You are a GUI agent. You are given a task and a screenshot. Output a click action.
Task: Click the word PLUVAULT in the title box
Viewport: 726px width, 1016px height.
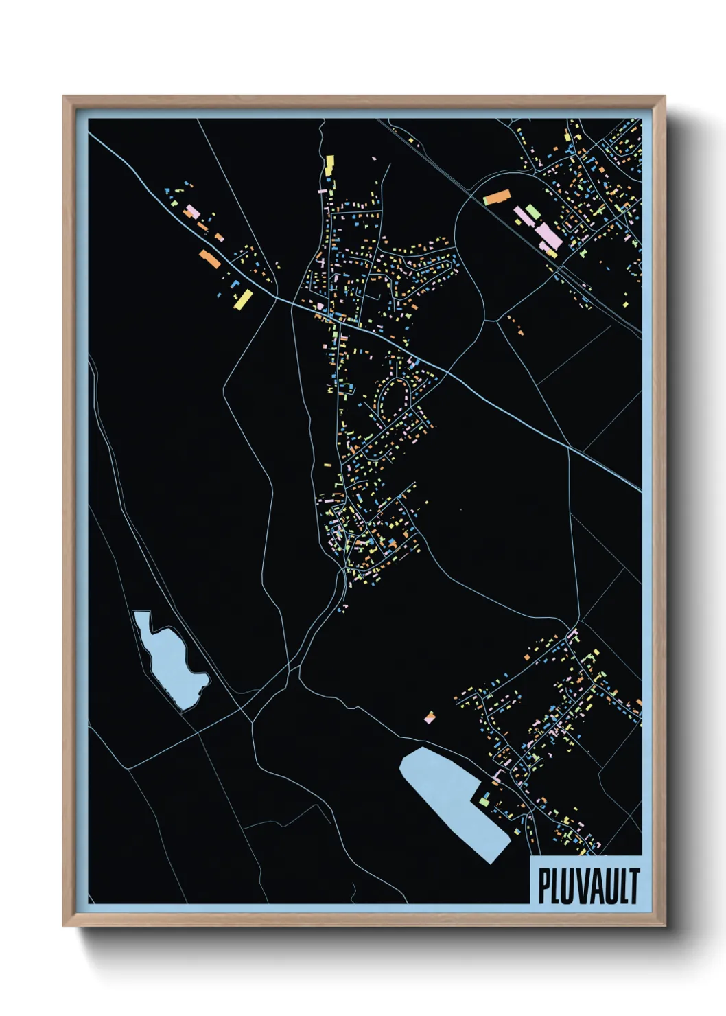pos(588,886)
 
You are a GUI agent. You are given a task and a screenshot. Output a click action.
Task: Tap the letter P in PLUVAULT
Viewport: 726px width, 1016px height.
pos(543,886)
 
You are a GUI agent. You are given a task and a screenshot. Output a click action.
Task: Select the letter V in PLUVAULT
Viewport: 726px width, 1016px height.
pos(581,886)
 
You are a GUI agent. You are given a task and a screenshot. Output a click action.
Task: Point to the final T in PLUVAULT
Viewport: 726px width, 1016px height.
pos(633,886)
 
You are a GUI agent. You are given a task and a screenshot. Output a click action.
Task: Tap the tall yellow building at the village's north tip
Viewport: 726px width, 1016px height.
pos(329,165)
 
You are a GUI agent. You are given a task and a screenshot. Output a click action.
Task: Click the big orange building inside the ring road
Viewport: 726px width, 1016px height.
pos(496,197)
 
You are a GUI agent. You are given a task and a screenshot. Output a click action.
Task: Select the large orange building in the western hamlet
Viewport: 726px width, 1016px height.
pos(210,259)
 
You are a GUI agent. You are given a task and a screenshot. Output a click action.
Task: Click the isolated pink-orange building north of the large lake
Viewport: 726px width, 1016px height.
pos(430,717)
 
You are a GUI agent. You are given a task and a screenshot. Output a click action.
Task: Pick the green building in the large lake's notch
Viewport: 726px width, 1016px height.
pos(484,798)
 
